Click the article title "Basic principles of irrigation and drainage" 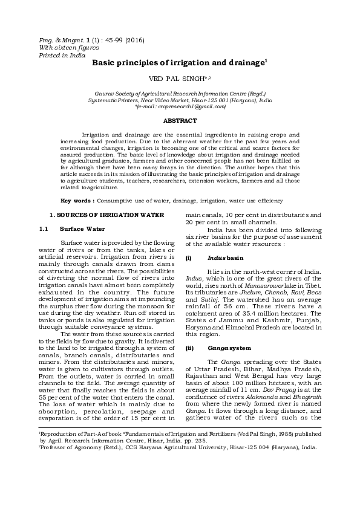coord(178,63)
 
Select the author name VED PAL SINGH coord(179,79)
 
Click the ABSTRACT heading coord(180,121)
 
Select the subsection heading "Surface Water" coord(82,229)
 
